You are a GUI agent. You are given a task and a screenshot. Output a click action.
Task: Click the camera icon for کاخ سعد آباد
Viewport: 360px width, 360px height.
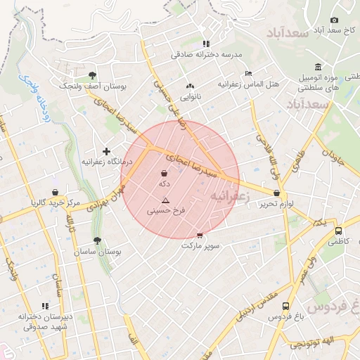[334, 20]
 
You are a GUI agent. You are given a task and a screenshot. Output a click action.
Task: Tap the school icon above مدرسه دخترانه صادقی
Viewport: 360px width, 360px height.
[205, 44]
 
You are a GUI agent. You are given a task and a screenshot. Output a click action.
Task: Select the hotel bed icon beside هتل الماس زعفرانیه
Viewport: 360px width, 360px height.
[248, 73]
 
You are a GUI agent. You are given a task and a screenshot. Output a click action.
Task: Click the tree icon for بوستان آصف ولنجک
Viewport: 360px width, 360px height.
[91, 75]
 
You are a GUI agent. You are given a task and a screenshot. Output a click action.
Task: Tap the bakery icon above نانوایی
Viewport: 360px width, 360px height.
[189, 86]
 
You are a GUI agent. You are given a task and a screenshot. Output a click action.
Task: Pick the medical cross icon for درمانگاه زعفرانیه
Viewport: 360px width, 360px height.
[106, 151]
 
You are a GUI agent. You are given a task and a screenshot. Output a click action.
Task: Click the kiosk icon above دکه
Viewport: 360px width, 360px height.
[164, 173]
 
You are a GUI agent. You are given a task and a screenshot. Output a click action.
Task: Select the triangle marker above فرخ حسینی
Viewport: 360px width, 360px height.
[165, 200]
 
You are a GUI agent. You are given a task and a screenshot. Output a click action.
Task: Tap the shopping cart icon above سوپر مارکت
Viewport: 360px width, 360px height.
[200, 236]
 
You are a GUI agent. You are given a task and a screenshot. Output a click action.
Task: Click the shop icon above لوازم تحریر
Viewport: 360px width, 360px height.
[277, 193]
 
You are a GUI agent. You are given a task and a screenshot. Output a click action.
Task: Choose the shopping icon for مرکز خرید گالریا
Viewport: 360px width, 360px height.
[55, 193]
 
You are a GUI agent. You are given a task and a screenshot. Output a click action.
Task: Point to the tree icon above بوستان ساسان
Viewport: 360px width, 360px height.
[97, 240]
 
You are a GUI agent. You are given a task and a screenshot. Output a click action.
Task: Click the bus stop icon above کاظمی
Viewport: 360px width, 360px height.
[338, 230]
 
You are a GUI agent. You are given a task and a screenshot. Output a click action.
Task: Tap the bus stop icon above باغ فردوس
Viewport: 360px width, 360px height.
[285, 306]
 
